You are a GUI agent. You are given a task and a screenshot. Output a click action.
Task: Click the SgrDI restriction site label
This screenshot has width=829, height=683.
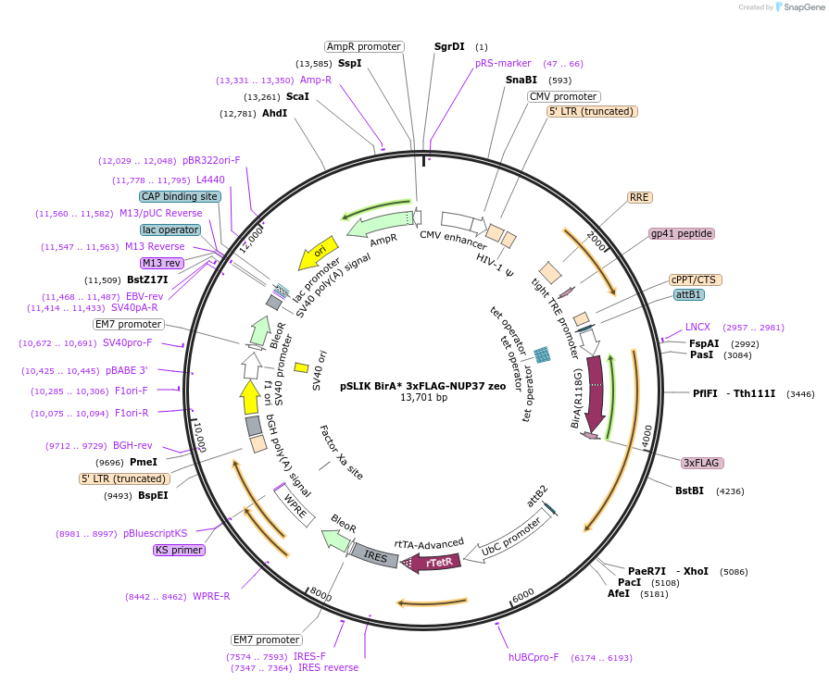[x=449, y=46]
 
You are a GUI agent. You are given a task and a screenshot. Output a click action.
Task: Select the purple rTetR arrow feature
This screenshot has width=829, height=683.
[x=435, y=562]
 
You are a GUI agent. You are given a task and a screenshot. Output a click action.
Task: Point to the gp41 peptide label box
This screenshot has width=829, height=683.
[x=681, y=233]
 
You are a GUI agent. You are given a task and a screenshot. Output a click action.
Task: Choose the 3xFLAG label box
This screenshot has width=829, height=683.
[x=701, y=463]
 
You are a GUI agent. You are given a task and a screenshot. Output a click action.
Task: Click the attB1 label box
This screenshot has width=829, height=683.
[x=689, y=294]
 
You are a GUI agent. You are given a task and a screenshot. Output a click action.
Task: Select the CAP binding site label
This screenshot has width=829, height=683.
[x=180, y=196]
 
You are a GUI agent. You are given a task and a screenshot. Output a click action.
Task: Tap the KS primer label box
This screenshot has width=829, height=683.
[x=179, y=550]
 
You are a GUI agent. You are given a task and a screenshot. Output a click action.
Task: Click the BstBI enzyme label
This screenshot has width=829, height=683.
[x=690, y=491]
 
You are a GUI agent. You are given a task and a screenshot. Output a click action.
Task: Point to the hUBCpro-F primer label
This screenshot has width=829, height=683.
[x=534, y=657]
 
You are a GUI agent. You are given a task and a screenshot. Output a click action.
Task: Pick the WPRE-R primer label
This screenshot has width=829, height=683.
[x=211, y=596]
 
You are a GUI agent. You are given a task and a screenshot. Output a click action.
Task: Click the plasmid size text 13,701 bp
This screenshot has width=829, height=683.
[x=423, y=398]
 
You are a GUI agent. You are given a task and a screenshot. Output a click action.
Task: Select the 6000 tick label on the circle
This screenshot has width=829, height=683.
[x=523, y=593]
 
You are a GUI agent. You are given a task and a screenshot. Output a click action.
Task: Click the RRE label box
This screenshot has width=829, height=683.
[x=639, y=197]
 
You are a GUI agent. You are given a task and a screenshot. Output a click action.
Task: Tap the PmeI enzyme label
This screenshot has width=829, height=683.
[x=144, y=462]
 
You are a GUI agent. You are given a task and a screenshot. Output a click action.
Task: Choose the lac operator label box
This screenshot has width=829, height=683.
[x=170, y=230]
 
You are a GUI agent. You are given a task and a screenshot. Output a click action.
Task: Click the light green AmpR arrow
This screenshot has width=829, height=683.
[x=381, y=224]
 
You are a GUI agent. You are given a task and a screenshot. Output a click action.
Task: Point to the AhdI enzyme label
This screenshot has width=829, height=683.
[x=274, y=114]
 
